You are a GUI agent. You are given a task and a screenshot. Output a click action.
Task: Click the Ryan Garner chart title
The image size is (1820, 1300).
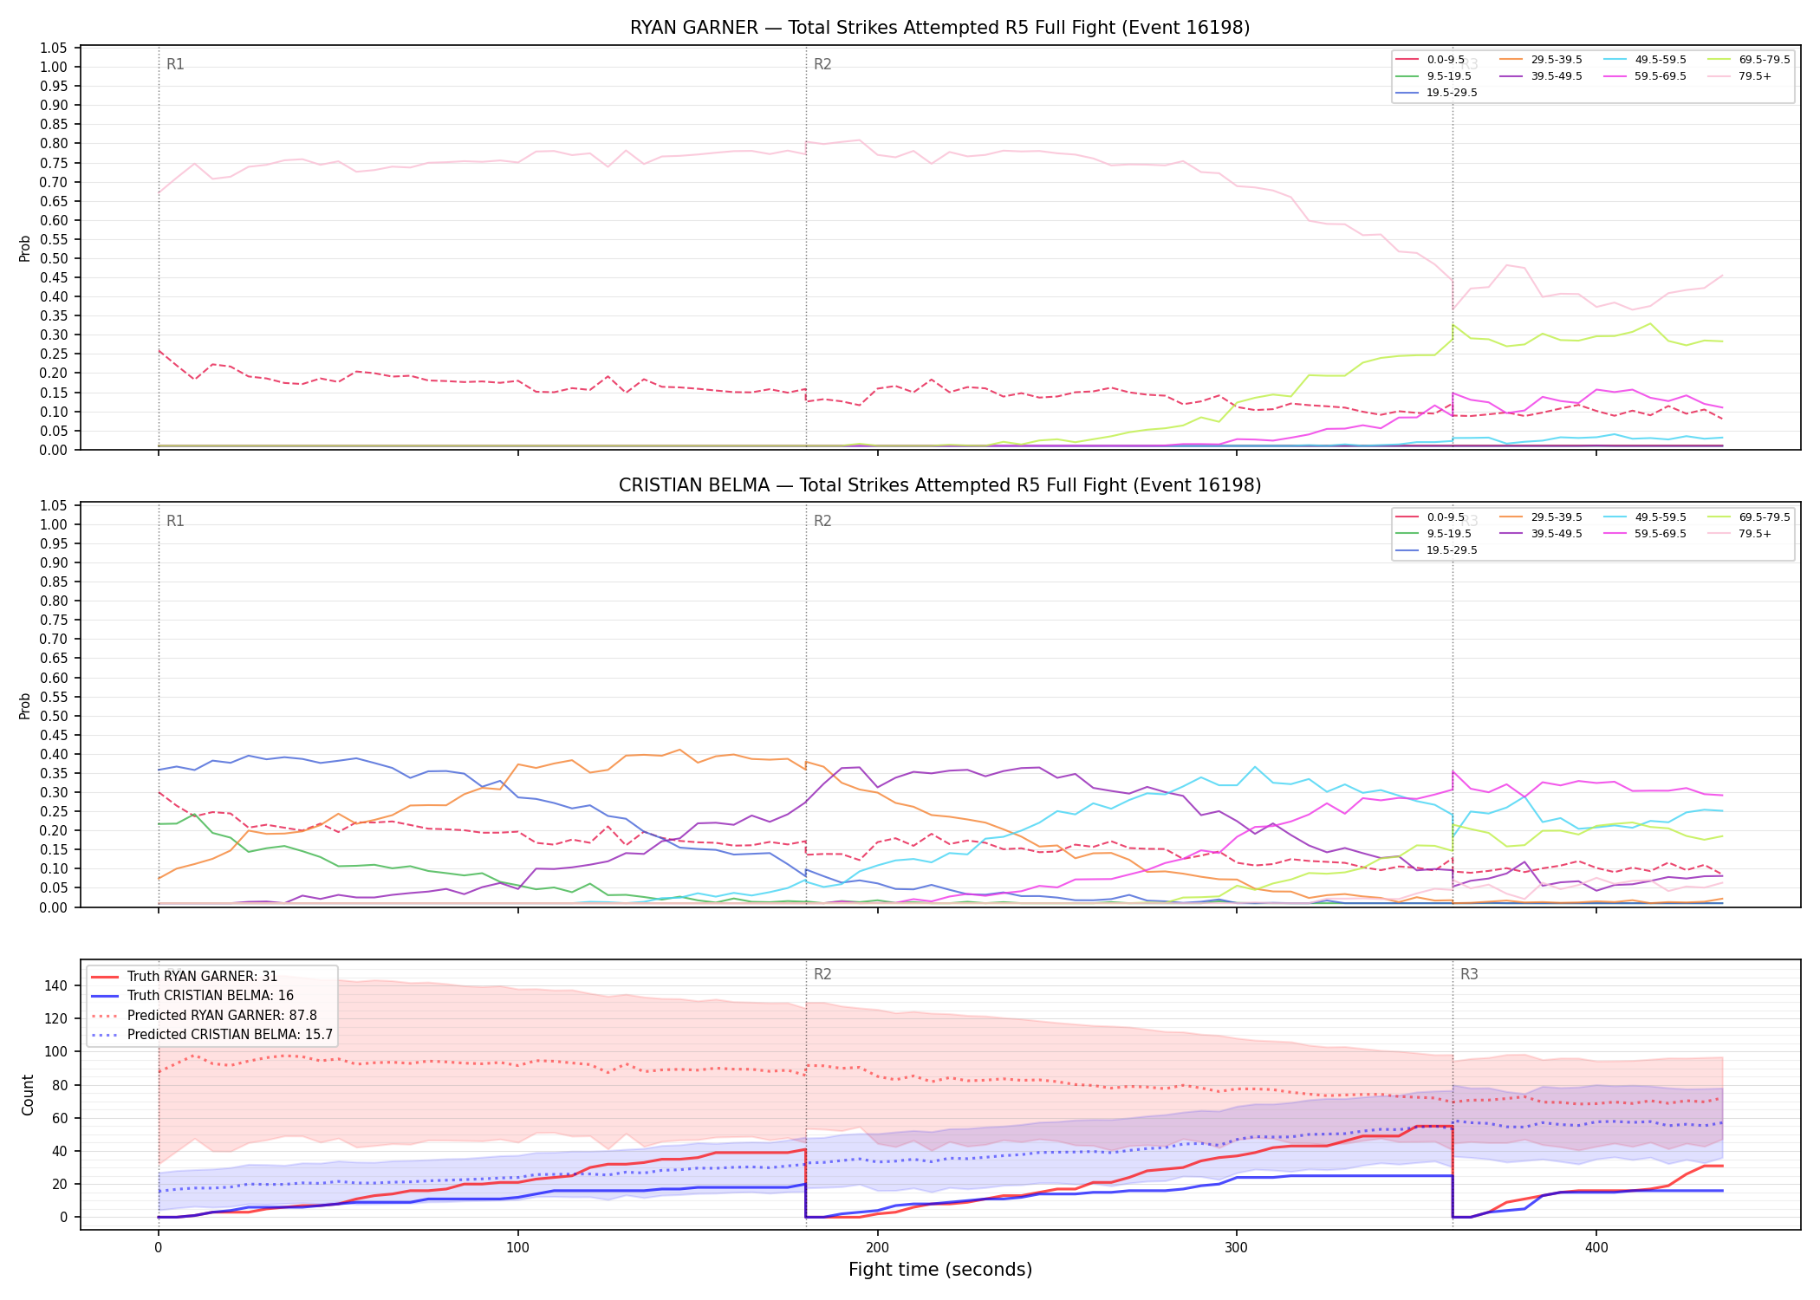click(939, 28)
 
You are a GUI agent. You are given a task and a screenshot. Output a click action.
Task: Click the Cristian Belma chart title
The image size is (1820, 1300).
click(939, 485)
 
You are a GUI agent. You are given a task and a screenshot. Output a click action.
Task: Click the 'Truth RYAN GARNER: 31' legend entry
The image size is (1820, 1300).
click(202, 976)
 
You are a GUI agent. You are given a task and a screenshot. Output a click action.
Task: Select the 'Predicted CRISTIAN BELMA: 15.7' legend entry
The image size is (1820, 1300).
click(212, 1034)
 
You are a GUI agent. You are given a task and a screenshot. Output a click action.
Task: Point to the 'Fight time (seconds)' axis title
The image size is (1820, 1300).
click(940, 1270)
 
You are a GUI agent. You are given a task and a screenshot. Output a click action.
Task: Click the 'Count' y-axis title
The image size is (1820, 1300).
click(28, 1095)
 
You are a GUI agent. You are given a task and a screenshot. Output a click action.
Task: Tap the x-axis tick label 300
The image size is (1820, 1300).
click(1237, 1248)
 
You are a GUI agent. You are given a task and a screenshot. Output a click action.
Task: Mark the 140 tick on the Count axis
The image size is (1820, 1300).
click(56, 985)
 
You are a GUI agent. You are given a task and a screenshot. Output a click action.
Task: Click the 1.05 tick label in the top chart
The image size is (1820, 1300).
click(54, 48)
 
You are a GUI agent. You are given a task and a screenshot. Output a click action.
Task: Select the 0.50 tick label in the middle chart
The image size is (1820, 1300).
click(54, 716)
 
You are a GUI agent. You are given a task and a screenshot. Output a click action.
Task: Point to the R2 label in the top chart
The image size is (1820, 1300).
click(822, 64)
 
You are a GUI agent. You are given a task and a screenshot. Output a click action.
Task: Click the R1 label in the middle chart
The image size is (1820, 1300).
click(175, 521)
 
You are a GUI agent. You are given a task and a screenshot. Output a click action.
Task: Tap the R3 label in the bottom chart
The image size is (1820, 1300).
click(1469, 974)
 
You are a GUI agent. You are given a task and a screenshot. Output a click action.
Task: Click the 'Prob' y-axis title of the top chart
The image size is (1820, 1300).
click(25, 248)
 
